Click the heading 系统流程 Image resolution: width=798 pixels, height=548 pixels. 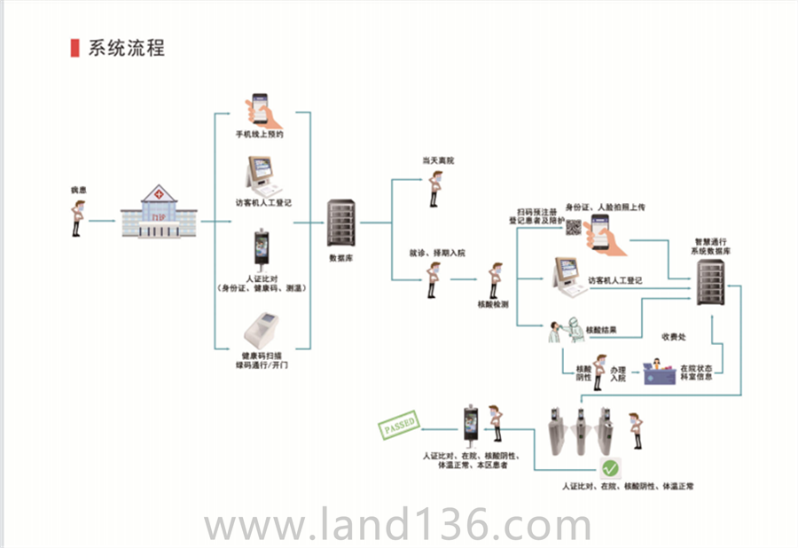(x=126, y=48)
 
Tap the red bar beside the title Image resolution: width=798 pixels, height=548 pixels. (x=74, y=48)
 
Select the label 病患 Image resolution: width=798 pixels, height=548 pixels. (x=79, y=191)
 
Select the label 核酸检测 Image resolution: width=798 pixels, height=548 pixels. (x=493, y=304)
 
